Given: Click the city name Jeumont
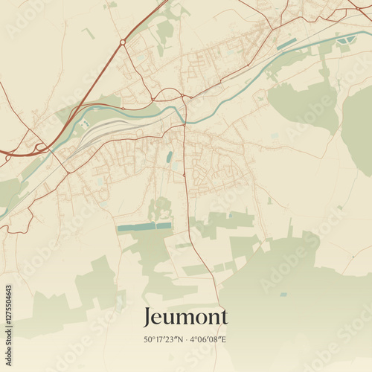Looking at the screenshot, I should tap(185, 317).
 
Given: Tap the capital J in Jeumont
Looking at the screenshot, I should tap(148, 317).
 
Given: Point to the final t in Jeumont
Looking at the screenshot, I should tap(223, 317).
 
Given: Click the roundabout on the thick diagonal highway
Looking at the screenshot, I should tap(123, 42).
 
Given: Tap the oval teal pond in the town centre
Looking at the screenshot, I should tap(170, 156).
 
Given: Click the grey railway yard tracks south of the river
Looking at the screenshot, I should tap(104, 134).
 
